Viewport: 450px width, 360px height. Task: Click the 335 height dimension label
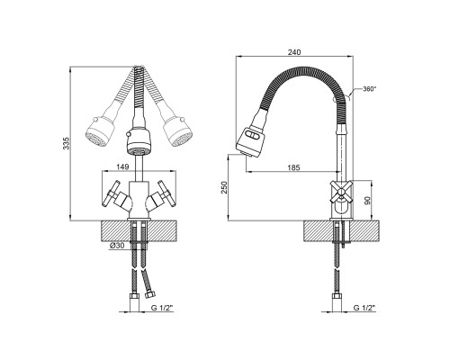point(67,144)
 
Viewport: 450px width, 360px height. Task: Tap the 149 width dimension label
point(122,167)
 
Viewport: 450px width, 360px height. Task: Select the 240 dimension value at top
point(294,52)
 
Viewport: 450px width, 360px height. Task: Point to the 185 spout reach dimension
point(293,167)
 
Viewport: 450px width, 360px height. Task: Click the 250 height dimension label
point(225,187)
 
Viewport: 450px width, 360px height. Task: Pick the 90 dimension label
point(367,200)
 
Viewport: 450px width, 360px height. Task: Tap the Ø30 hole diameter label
point(117,246)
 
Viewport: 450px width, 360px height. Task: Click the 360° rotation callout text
point(369,89)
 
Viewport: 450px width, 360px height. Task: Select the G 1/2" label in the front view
point(162,308)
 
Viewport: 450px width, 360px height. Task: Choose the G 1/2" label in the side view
point(364,308)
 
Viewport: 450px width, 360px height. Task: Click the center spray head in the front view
point(139,142)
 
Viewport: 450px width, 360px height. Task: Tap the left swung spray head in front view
point(101,131)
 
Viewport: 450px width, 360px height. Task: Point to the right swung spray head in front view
point(177,131)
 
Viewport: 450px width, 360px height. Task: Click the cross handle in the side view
point(340,191)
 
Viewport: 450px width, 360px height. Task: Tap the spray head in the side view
point(251,142)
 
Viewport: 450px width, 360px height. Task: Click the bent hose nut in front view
point(149,294)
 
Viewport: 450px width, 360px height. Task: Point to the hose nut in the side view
point(337,299)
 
